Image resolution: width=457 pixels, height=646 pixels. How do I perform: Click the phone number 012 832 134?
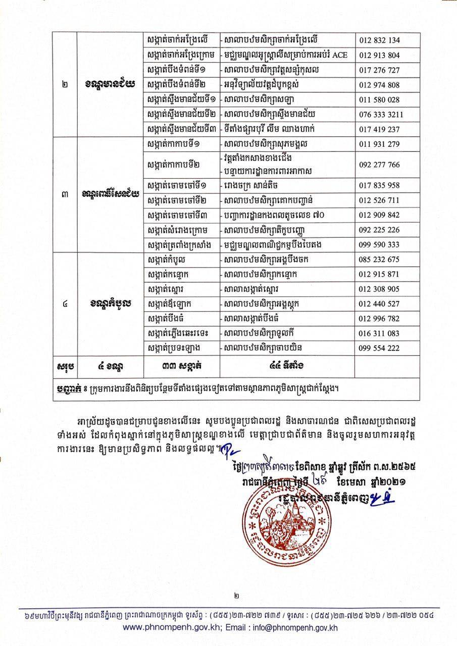[x=380, y=40]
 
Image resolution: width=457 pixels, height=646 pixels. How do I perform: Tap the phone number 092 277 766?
[x=380, y=165]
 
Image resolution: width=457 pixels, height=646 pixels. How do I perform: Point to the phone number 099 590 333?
[x=380, y=245]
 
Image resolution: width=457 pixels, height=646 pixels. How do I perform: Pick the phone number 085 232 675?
[x=380, y=260]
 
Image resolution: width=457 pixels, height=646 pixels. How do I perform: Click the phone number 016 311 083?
[x=380, y=333]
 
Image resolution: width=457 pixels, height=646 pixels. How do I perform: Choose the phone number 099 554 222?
[x=380, y=348]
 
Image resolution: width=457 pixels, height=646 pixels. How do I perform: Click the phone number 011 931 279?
[x=380, y=144]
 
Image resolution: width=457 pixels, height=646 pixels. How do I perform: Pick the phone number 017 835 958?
[x=380, y=185]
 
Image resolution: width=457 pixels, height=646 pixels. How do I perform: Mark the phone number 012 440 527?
[x=380, y=304]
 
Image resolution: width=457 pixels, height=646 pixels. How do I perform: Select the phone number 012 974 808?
[x=380, y=85]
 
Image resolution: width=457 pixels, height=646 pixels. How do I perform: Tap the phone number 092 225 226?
[x=380, y=230]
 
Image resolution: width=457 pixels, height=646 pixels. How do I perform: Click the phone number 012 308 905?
[x=380, y=289]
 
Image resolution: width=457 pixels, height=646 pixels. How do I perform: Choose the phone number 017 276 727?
[x=380, y=70]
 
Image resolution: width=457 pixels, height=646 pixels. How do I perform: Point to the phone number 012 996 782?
[x=380, y=318]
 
